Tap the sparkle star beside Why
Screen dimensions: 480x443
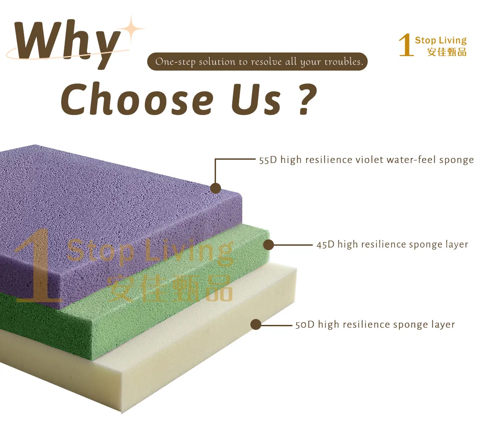click(x=131, y=29)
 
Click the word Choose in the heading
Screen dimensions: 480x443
click(x=137, y=99)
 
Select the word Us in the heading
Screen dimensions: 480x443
click(x=256, y=99)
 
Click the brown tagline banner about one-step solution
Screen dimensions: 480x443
click(x=257, y=62)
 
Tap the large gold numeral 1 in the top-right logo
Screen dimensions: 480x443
click(x=406, y=45)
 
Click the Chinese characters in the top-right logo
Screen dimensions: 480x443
click(x=446, y=52)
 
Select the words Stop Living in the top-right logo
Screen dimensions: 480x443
click(x=441, y=40)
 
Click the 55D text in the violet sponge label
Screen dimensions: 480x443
click(x=268, y=160)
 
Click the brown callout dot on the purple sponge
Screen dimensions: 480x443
click(x=216, y=188)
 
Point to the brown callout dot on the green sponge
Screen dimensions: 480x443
click(x=268, y=245)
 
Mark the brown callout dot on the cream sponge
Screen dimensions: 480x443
click(x=255, y=324)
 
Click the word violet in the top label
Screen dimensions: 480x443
click(x=369, y=159)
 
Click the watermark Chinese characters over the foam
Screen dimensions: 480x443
click(x=170, y=288)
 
